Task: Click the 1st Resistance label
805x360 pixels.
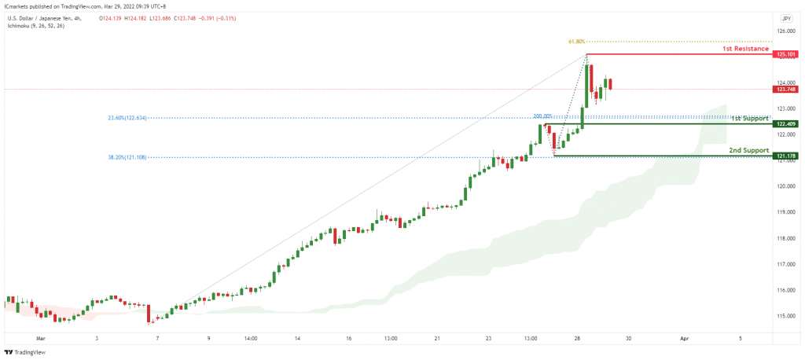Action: coord(745,49)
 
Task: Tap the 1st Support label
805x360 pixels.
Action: coord(749,119)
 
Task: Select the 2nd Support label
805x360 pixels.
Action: coord(748,149)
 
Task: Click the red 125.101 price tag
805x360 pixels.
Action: coord(785,54)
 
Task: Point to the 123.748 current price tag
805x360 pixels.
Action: coord(785,89)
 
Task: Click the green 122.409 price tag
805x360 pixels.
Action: coord(785,124)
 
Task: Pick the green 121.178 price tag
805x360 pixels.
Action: coord(785,156)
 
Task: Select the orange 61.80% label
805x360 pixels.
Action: coord(575,42)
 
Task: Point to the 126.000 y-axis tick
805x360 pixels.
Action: coord(785,31)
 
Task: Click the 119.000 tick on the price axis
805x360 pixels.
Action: coord(785,212)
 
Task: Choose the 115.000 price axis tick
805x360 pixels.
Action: coord(785,316)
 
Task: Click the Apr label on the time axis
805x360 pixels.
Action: coord(685,338)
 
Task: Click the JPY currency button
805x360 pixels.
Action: coord(786,17)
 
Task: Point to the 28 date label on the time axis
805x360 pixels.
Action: coord(578,338)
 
